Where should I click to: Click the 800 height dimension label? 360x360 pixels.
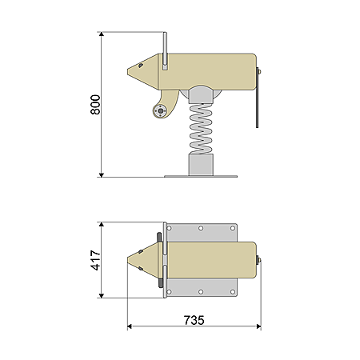click(95, 105)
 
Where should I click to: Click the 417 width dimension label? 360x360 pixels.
click(95, 260)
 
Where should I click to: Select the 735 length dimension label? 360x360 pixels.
click(194, 320)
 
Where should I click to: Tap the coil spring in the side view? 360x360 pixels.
click(201, 129)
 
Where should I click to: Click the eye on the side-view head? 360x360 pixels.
click(140, 66)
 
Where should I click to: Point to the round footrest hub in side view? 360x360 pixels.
click(160, 110)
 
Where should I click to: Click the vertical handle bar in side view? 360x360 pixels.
click(165, 50)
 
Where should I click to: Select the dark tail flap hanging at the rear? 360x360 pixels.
click(258, 98)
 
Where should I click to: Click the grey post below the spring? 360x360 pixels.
click(201, 165)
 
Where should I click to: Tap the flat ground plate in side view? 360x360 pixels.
click(201, 176)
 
